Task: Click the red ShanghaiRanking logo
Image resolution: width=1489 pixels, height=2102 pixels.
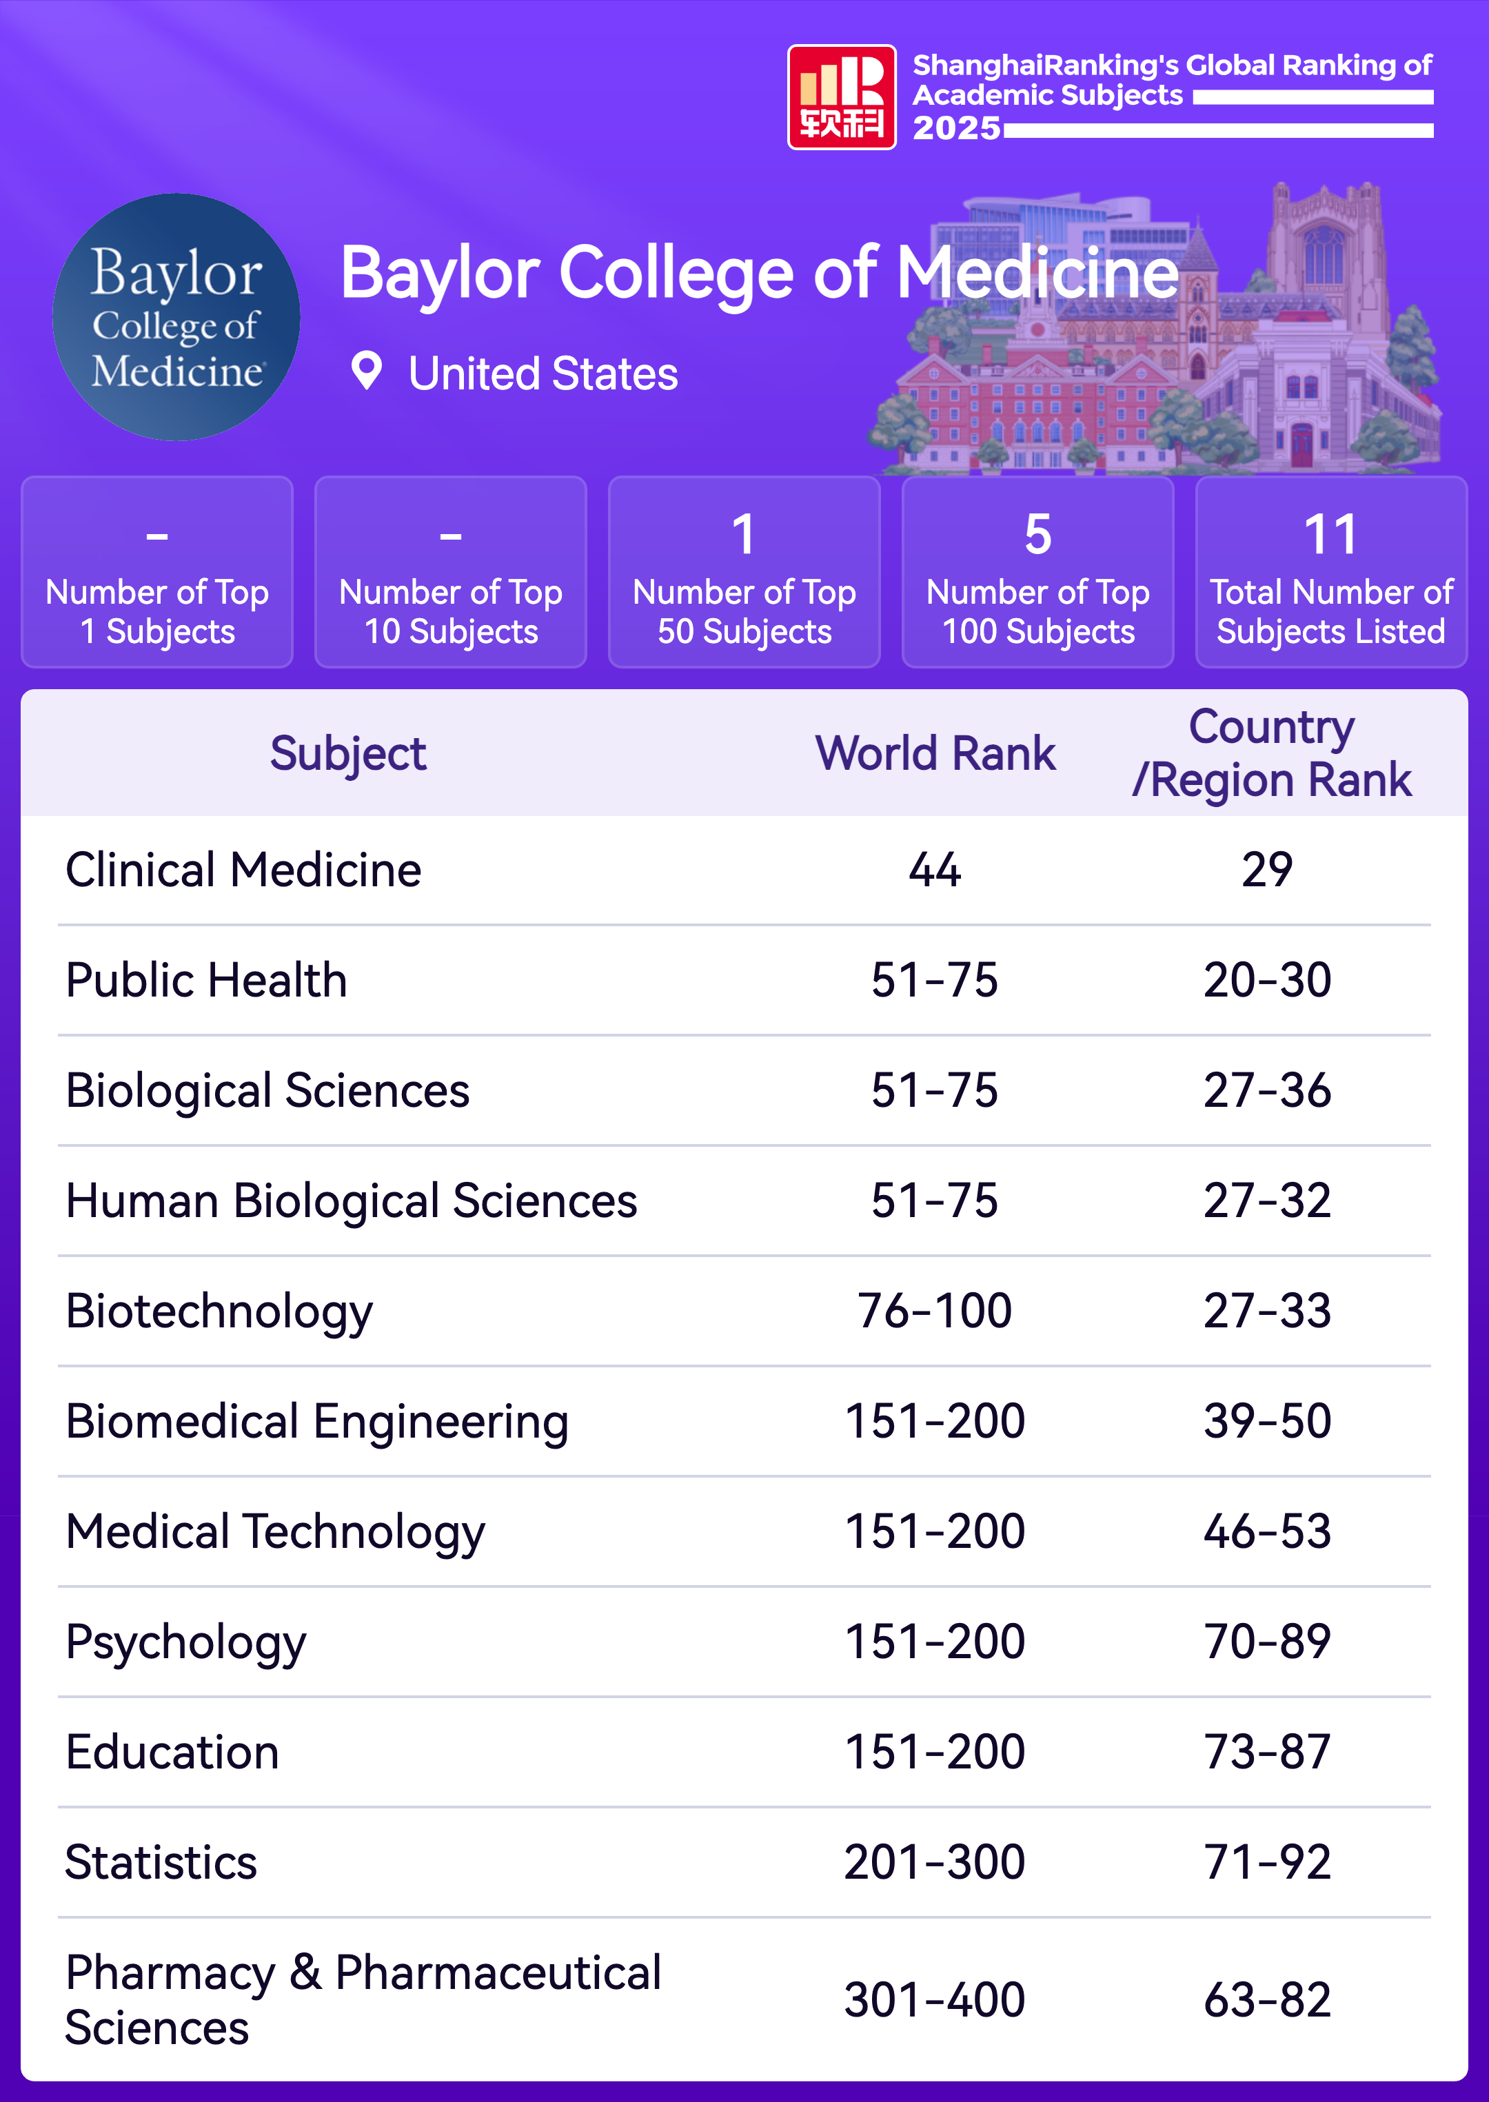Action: (841, 97)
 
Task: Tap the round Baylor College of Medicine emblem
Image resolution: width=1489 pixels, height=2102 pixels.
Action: (176, 317)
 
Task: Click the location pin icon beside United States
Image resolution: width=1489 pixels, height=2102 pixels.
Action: (367, 371)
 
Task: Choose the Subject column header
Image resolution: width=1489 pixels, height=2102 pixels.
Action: (347, 753)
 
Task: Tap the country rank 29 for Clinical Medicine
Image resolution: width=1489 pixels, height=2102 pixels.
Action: (1266, 870)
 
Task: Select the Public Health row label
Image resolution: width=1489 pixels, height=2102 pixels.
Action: (206, 980)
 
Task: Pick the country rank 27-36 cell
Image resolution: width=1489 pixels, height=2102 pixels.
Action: (1266, 1091)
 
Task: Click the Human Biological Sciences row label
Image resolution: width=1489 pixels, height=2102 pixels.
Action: (351, 1201)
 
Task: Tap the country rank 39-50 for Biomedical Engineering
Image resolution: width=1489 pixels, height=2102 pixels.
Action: (1266, 1422)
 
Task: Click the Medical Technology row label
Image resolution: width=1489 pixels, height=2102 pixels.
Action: (275, 1532)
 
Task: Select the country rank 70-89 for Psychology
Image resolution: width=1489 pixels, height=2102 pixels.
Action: (1266, 1642)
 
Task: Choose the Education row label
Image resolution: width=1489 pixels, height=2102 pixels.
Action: (172, 1753)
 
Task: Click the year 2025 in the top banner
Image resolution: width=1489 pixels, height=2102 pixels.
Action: (955, 128)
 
